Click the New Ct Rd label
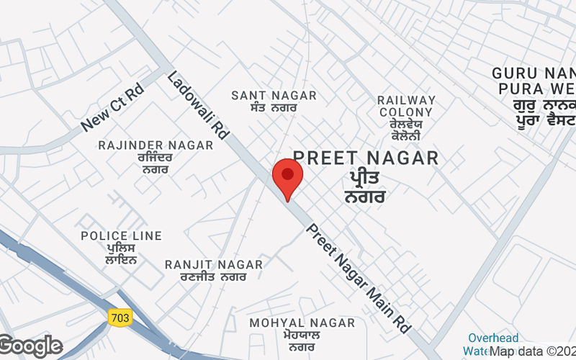point(113,109)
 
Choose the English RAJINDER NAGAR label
point(156,145)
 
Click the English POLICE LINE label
point(121,235)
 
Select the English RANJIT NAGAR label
point(215,264)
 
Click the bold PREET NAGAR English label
point(366,158)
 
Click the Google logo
point(31,346)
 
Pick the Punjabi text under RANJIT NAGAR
point(215,276)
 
